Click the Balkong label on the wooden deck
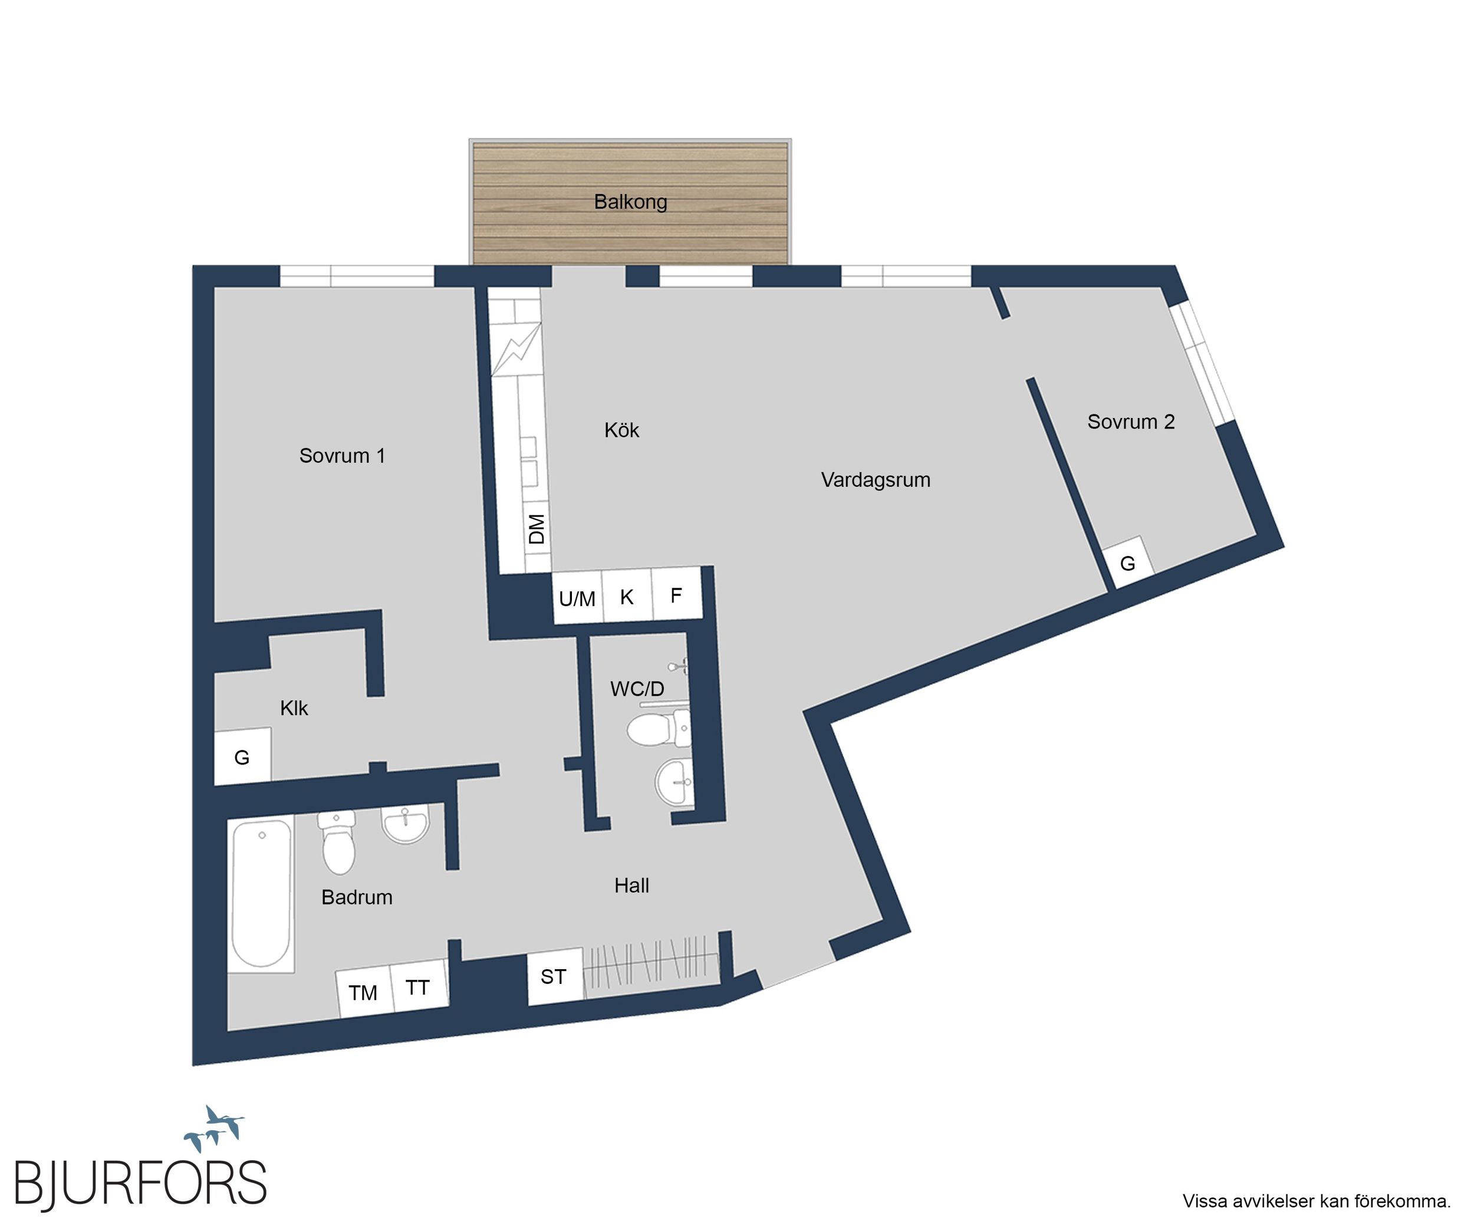[x=630, y=202]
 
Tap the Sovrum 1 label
[x=343, y=456]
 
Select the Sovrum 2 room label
[x=1131, y=422]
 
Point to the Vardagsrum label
[x=876, y=480]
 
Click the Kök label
[x=621, y=430]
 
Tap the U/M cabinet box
[x=578, y=597]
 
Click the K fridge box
[x=627, y=595]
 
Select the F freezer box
[x=677, y=594]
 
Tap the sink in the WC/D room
[x=675, y=781]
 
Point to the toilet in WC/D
[x=659, y=727]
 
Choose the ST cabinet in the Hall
[x=554, y=976]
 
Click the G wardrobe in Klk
[x=242, y=757]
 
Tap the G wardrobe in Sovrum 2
[x=1127, y=564]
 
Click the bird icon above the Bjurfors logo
[x=214, y=1128]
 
